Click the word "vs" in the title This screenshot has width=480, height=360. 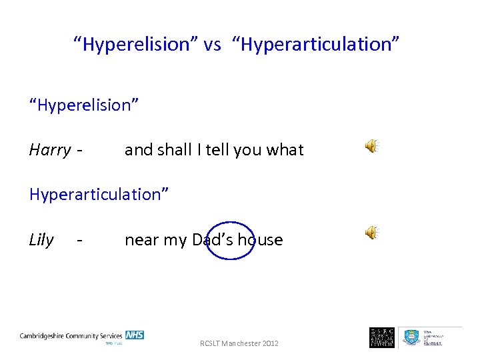click(212, 45)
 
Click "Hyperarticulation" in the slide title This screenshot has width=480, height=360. click(317, 45)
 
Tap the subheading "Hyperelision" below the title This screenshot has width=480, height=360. click(84, 105)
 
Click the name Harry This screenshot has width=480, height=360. click(49, 150)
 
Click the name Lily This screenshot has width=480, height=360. click(41, 240)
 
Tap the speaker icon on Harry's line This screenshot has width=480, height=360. click(371, 147)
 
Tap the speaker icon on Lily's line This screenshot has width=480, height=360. click(371, 232)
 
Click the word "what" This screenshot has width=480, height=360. click(285, 150)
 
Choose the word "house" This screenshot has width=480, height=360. click(260, 240)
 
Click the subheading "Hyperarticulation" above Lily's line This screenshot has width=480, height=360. click(99, 194)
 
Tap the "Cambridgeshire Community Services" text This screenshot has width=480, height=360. click(71, 336)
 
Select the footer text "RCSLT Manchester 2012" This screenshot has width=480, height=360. click(239, 343)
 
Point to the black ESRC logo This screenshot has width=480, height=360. click(382, 337)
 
